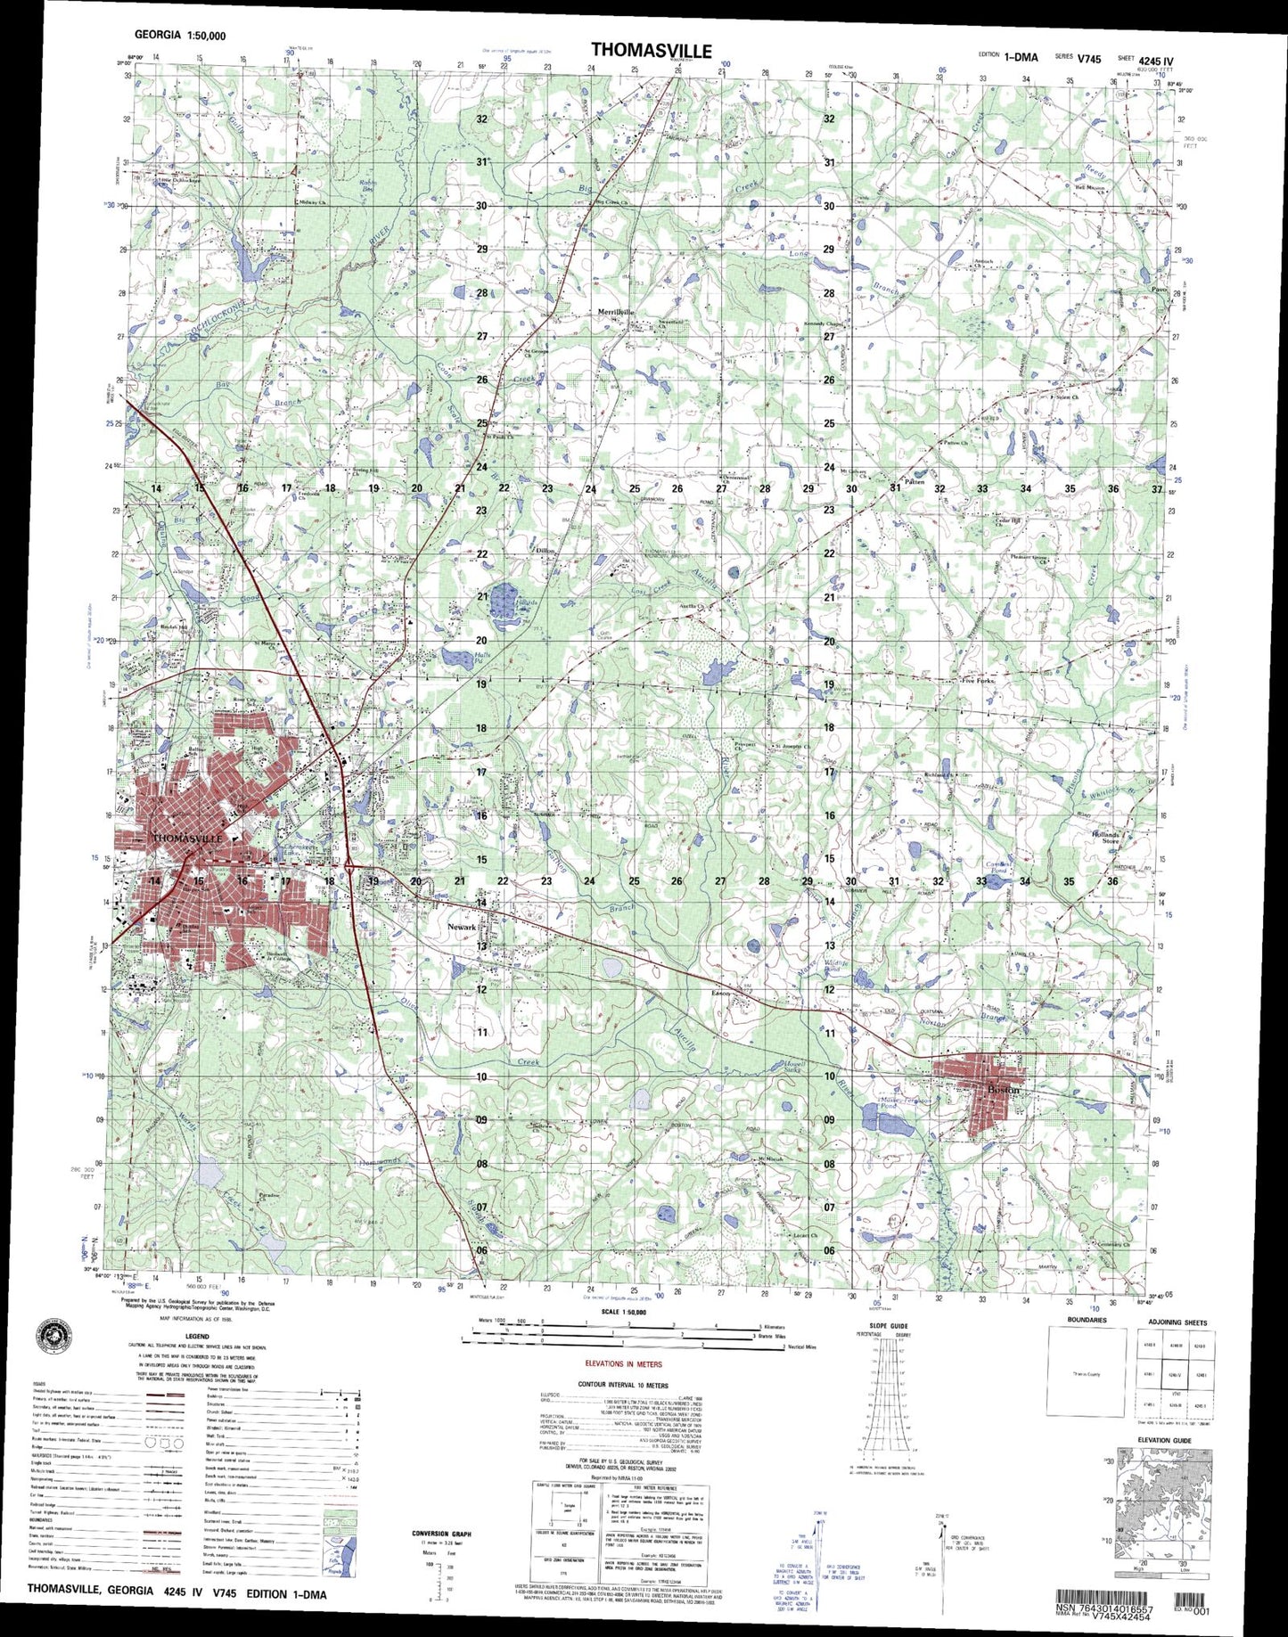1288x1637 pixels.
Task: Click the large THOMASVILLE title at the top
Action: [x=651, y=51]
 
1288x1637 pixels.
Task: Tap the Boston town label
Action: [x=1003, y=1089]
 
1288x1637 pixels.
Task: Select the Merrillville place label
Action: [x=615, y=312]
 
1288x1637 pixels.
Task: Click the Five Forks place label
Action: [x=979, y=680]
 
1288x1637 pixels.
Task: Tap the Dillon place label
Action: [x=546, y=552]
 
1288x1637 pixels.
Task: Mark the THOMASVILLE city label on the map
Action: [x=187, y=839]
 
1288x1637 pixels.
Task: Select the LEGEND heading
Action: [x=197, y=1337]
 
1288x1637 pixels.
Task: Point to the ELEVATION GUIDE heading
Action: [x=1163, y=1465]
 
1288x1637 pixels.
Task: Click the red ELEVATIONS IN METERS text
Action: [x=628, y=1364]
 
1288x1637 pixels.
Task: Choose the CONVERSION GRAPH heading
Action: [x=441, y=1534]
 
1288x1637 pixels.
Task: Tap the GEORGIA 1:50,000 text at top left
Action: [x=179, y=36]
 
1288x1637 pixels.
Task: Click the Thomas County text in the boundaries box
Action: [x=1087, y=1374]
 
